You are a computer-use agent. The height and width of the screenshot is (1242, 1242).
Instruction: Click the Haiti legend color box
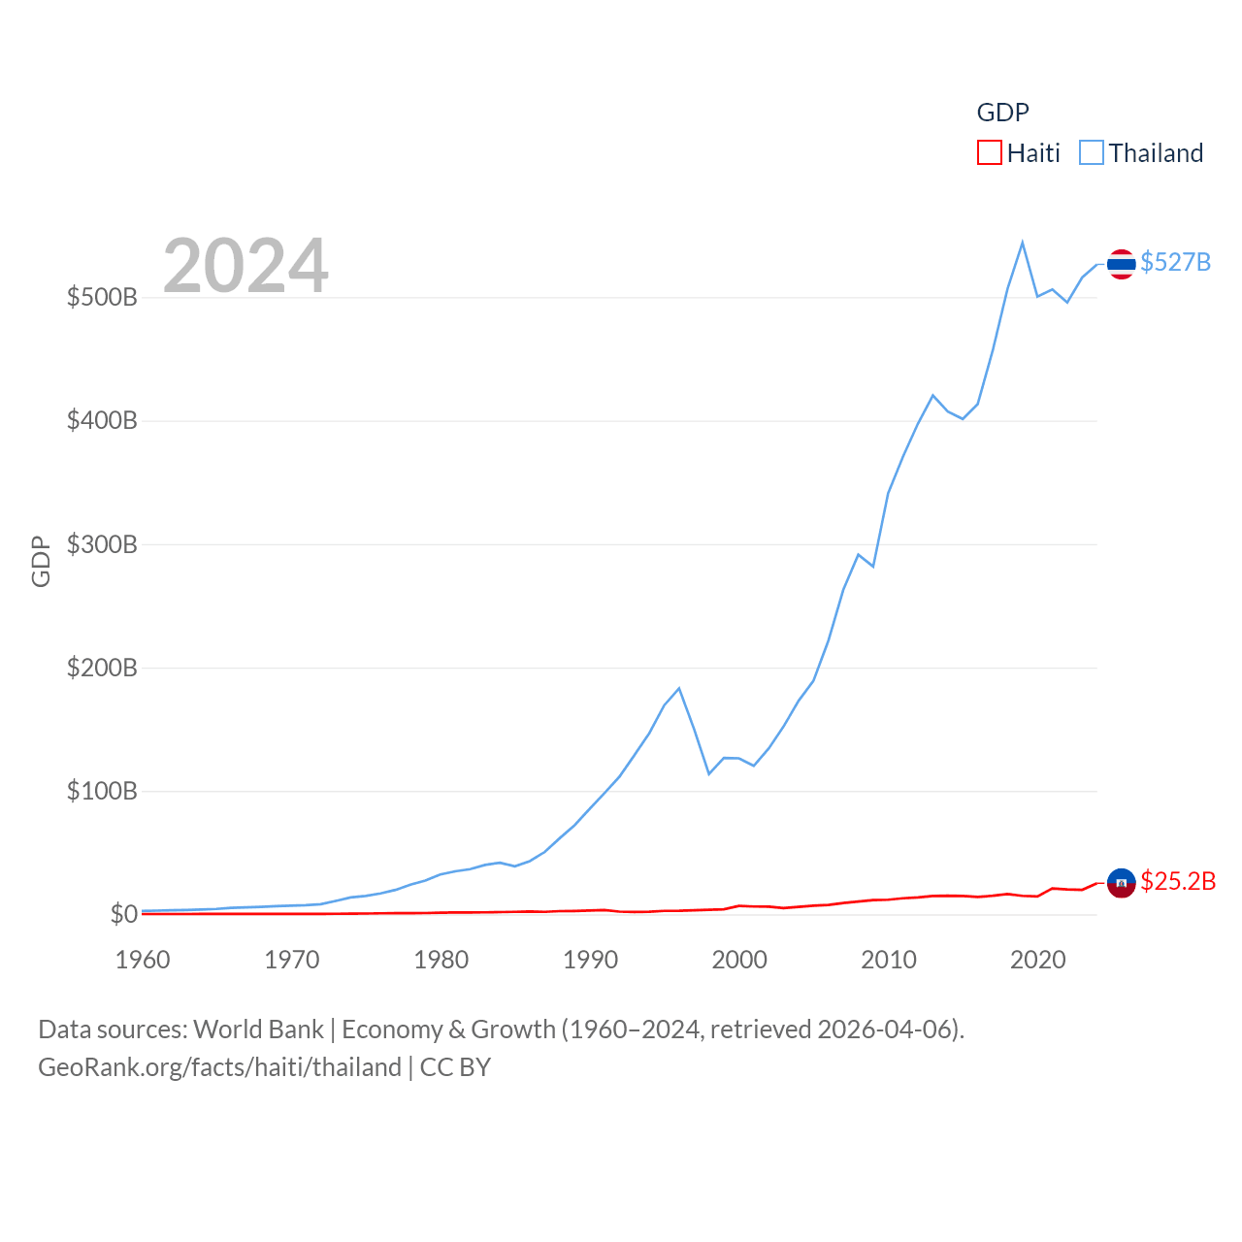pos(989,153)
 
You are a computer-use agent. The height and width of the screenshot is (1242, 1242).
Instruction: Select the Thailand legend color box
pos(1092,153)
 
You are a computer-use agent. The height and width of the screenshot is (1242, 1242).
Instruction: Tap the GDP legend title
pos(1002,113)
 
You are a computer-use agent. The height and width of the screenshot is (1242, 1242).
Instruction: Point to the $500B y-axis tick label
pos(102,297)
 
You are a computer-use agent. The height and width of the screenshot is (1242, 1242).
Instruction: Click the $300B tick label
pos(102,544)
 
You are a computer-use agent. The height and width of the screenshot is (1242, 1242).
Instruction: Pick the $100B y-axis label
pos(102,791)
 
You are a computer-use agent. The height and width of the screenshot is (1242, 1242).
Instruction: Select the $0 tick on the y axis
pos(123,914)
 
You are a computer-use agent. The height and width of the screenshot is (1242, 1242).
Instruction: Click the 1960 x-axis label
pos(143,960)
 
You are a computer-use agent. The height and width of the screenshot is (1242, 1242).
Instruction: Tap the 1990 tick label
pos(590,960)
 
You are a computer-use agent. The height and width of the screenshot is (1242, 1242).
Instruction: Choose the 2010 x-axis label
pos(889,960)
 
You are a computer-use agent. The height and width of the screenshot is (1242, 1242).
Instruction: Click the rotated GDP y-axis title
pos(41,561)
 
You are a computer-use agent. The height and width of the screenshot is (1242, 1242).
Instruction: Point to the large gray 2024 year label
pos(245,266)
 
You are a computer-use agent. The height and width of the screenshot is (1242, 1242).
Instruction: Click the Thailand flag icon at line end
pos(1121,264)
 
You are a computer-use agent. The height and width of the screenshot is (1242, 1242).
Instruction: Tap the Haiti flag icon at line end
pos(1121,883)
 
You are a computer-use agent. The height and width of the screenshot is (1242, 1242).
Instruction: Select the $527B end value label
pos(1175,262)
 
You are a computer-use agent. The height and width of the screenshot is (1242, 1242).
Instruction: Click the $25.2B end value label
pos(1178,881)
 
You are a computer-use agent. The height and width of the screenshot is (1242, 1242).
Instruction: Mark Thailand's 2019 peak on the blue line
pos(1023,243)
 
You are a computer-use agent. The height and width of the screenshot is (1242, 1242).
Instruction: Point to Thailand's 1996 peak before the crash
pos(679,688)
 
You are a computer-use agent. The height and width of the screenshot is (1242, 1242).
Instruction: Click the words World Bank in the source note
pos(258,1030)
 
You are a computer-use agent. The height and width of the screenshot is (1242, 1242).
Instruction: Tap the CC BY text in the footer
pos(455,1067)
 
